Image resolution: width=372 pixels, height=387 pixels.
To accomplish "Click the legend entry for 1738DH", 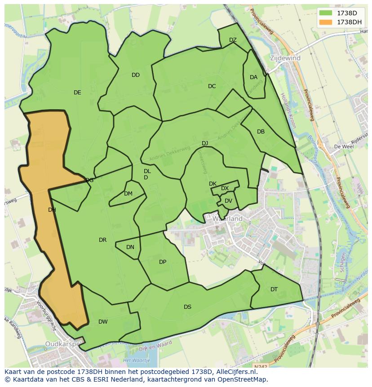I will pyautogui.click(x=340, y=22).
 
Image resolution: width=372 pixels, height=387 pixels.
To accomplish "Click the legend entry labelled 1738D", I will pyautogui.click(x=340, y=13).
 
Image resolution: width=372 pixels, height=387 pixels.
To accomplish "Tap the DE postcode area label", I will pyautogui.click(x=77, y=93).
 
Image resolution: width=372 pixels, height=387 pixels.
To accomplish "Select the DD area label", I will pyautogui.click(x=136, y=75).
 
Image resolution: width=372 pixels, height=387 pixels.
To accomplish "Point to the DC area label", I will pyautogui.click(x=212, y=86).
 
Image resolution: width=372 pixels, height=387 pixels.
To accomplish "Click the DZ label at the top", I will pyautogui.click(x=233, y=40).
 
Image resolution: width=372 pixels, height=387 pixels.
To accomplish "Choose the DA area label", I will pyautogui.click(x=253, y=77).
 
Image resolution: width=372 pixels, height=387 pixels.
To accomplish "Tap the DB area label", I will pyautogui.click(x=261, y=132).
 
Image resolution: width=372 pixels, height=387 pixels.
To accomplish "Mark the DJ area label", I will pyautogui.click(x=205, y=143).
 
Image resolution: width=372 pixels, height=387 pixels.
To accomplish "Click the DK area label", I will pyautogui.click(x=213, y=184).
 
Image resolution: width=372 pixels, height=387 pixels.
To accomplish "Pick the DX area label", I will pyautogui.click(x=225, y=188).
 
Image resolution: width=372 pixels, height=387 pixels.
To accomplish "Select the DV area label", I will pyautogui.click(x=228, y=201).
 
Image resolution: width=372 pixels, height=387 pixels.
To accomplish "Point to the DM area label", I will pyautogui.click(x=128, y=194).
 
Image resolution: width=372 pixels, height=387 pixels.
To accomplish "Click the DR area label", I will pyautogui.click(x=102, y=240).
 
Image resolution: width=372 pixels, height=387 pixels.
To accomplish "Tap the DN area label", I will pyautogui.click(x=130, y=247).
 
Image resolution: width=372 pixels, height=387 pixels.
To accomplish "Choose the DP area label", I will pyautogui.click(x=163, y=262).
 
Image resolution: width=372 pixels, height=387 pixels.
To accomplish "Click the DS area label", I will pyautogui.click(x=187, y=307).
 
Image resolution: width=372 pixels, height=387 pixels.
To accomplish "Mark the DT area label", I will pyautogui.click(x=274, y=289).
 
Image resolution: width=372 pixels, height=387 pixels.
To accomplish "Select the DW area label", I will pyautogui.click(x=103, y=322).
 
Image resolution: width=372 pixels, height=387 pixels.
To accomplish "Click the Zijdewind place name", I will pyautogui.click(x=285, y=58).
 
